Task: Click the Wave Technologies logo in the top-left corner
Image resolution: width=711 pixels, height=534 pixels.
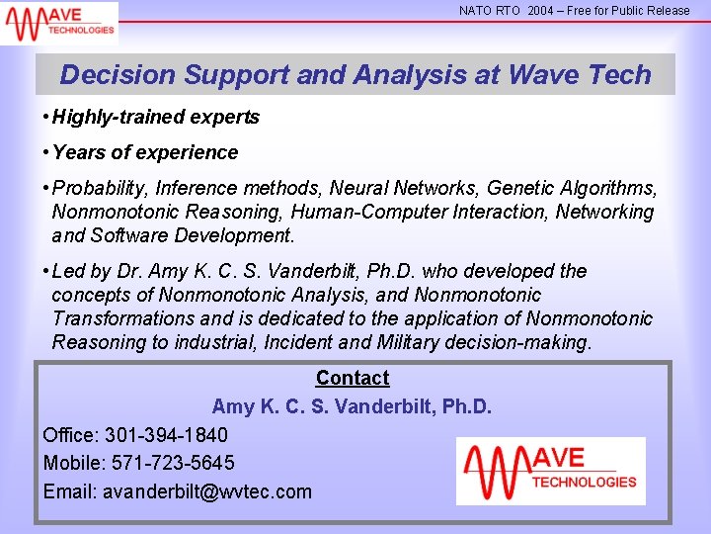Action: pyautogui.click(x=59, y=22)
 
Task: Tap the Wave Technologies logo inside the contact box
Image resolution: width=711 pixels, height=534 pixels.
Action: pyautogui.click(x=550, y=471)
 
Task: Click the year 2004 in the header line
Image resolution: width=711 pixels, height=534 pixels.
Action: pyautogui.click(x=540, y=11)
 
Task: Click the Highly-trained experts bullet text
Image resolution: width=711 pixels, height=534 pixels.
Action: pyautogui.click(x=155, y=118)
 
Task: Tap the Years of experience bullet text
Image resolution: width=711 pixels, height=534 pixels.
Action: pyautogui.click(x=144, y=153)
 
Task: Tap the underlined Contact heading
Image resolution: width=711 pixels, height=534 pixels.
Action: pyautogui.click(x=353, y=378)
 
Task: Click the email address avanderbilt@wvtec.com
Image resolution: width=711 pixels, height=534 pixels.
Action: pyautogui.click(x=206, y=491)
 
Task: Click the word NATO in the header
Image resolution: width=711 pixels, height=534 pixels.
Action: pyautogui.click(x=476, y=11)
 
